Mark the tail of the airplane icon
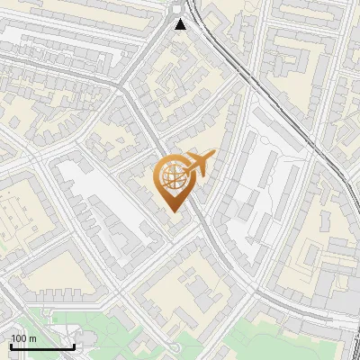212,157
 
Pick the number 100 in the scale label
19,338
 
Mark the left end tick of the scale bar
11,345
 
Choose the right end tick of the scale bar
74,345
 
